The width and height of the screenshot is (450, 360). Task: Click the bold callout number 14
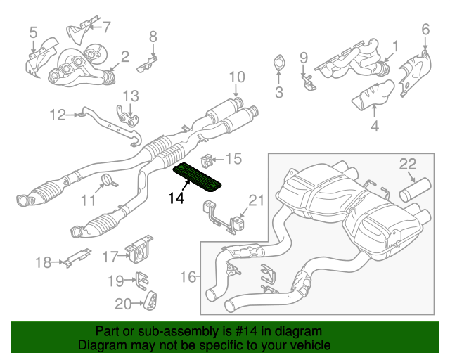(175, 199)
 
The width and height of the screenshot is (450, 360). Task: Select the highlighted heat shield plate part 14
(198, 175)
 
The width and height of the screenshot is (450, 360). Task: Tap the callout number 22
(408, 165)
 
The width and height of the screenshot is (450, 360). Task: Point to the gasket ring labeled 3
(279, 67)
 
